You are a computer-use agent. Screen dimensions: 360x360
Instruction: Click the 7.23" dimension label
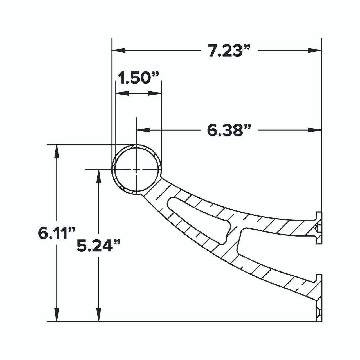[229, 51]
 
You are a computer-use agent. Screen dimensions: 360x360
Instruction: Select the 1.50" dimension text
[138, 78]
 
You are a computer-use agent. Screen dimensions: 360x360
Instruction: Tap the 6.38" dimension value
[229, 130]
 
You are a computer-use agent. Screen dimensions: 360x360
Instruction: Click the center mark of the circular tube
[136, 170]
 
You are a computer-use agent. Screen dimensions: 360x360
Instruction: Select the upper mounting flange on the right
[319, 228]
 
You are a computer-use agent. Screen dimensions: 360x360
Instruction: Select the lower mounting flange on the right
[319, 298]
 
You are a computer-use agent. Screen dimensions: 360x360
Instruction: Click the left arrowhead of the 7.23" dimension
[118, 51]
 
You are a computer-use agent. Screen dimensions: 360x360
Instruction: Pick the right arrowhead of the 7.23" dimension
[315, 51]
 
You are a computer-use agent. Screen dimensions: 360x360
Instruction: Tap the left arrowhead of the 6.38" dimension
[143, 130]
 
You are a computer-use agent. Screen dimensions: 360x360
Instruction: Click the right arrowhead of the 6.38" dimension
[315, 130]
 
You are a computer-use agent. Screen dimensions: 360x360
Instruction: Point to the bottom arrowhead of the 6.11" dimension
[57, 315]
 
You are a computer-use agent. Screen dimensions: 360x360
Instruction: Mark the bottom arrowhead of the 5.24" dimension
[98, 315]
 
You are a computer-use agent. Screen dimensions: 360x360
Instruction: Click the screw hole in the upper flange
[318, 228]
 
